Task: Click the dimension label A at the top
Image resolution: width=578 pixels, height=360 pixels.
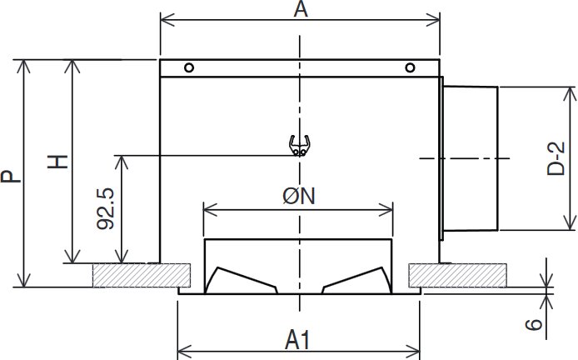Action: click(x=301, y=10)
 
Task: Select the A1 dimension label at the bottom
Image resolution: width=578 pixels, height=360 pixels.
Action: click(x=298, y=340)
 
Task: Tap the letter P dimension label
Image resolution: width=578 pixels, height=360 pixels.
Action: click(x=11, y=177)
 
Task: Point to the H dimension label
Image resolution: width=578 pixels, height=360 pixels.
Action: click(x=58, y=162)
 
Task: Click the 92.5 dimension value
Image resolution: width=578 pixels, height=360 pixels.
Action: click(x=106, y=209)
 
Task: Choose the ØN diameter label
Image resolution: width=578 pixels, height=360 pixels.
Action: click(x=299, y=196)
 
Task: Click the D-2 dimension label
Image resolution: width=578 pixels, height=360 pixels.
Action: click(x=556, y=158)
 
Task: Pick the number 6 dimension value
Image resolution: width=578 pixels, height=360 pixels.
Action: click(x=534, y=325)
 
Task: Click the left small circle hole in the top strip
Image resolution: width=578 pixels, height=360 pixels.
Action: click(x=189, y=67)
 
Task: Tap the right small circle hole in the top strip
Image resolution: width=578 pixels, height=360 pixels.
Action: click(x=410, y=67)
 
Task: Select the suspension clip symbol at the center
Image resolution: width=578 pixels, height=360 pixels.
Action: click(x=299, y=146)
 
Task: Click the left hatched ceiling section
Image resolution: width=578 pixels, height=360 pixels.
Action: click(x=142, y=275)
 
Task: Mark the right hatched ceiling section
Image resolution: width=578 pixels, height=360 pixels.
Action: click(x=457, y=275)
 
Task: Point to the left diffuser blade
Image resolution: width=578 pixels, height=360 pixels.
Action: click(x=241, y=281)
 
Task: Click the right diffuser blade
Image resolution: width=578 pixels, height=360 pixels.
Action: click(x=356, y=281)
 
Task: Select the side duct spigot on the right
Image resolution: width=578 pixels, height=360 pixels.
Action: click(x=470, y=158)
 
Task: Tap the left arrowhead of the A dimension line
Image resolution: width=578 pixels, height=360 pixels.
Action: click(x=167, y=20)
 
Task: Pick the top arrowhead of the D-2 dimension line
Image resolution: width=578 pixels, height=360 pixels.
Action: click(x=570, y=94)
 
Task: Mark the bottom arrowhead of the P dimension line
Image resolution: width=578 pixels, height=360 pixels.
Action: click(x=24, y=280)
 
